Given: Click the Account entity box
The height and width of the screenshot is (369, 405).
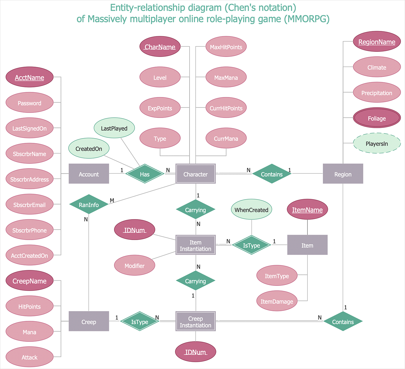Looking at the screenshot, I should click(89, 174).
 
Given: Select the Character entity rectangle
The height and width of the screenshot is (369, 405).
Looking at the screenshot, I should click(195, 174).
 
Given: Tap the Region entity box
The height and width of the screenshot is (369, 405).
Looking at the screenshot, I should click(343, 174).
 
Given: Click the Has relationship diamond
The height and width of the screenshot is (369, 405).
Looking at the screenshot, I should click(145, 174).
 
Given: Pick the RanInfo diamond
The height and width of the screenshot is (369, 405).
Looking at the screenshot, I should click(89, 204).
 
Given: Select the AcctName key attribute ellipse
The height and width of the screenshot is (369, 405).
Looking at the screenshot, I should click(29, 77).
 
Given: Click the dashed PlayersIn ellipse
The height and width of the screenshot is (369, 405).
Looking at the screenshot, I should click(377, 143).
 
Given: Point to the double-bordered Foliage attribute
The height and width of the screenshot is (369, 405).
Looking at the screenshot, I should click(377, 118).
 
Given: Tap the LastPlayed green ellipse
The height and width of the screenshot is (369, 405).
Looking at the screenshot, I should click(114, 128).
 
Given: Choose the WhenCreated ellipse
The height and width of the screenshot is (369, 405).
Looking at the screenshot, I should click(251, 209).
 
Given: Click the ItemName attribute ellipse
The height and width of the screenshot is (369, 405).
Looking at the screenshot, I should click(307, 209).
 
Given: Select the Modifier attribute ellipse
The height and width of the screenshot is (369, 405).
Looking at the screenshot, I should click(134, 265).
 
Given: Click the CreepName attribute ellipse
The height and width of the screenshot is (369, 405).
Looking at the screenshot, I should click(29, 280).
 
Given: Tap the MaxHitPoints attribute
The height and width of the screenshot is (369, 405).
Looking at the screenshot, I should click(226, 47).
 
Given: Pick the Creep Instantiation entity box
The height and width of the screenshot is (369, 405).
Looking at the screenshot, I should click(195, 321).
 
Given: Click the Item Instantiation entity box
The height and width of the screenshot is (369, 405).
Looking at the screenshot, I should click(195, 245).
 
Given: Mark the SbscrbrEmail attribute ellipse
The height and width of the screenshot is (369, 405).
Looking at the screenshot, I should click(29, 204).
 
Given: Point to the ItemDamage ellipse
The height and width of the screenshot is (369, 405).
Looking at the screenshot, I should click(277, 301).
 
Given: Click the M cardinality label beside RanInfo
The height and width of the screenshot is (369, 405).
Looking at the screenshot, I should click(112, 200).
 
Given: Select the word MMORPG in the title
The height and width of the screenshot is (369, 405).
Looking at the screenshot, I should click(306, 19).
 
